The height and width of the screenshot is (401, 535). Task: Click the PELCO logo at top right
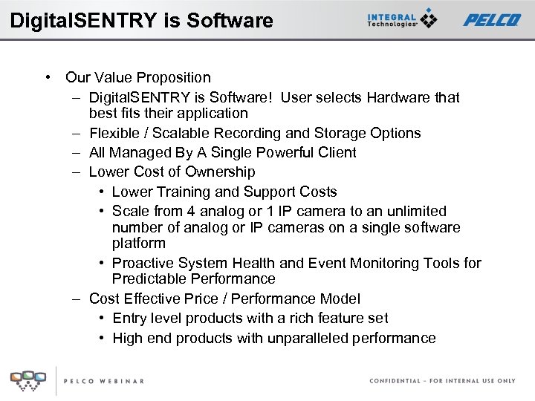[492, 20]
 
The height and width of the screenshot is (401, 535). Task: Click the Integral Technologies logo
[402, 19]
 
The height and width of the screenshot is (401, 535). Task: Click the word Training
[181, 192]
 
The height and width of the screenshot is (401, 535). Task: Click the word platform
[139, 244]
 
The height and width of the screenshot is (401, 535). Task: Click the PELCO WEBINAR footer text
[103, 381]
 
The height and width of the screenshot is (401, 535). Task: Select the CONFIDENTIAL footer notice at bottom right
[442, 381]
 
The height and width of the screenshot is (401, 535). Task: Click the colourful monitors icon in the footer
[27, 379]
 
